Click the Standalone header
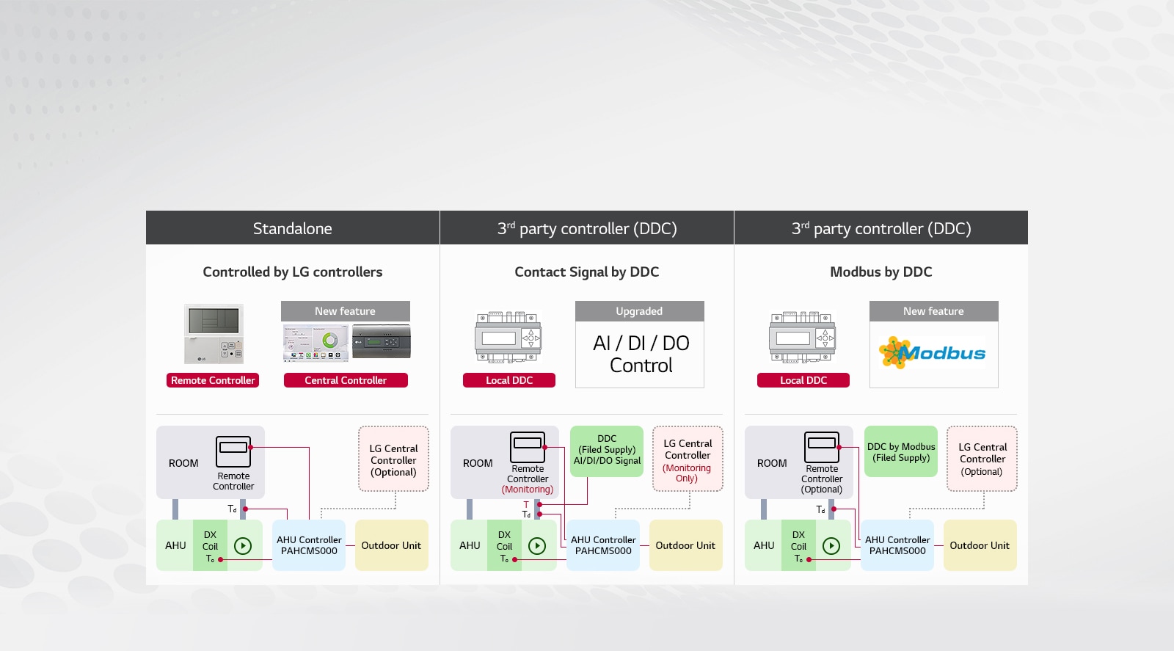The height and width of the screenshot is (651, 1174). [x=292, y=228]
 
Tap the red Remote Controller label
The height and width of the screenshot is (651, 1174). [x=213, y=380]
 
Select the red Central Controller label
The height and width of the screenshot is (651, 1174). [x=346, y=380]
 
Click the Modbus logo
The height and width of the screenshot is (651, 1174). [x=933, y=353]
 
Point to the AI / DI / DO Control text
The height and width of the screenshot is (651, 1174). [x=640, y=354]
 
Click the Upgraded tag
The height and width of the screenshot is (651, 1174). [x=639, y=311]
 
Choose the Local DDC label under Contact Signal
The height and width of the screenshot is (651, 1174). [x=508, y=380]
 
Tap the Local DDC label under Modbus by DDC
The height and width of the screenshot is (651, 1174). [x=803, y=380]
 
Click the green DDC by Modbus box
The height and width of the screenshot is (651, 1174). [x=900, y=451]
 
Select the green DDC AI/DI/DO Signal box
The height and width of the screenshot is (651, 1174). [x=607, y=451]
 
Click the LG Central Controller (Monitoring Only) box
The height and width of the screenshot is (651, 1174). [x=688, y=459]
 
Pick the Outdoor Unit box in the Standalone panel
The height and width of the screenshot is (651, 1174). [x=391, y=545]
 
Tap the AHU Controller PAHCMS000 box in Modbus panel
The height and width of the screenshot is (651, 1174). [x=897, y=545]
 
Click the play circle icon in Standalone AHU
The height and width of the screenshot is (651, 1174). [x=243, y=546]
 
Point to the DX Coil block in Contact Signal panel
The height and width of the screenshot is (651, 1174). [x=504, y=545]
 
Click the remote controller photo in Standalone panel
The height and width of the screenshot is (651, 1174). [x=214, y=334]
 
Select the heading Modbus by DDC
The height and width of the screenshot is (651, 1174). [x=880, y=272]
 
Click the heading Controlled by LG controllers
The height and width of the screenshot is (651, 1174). [x=292, y=272]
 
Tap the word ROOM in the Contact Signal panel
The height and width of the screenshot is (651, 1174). [x=478, y=463]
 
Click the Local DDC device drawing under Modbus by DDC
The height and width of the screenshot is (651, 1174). [x=802, y=338]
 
